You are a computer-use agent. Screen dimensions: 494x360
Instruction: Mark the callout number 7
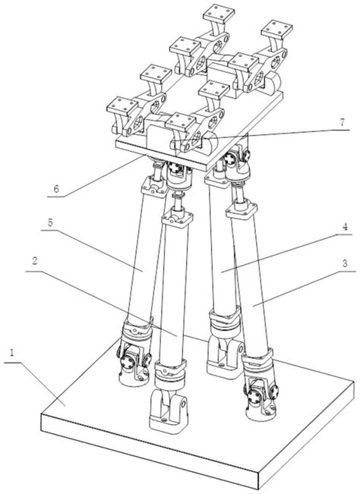point(343,121)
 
